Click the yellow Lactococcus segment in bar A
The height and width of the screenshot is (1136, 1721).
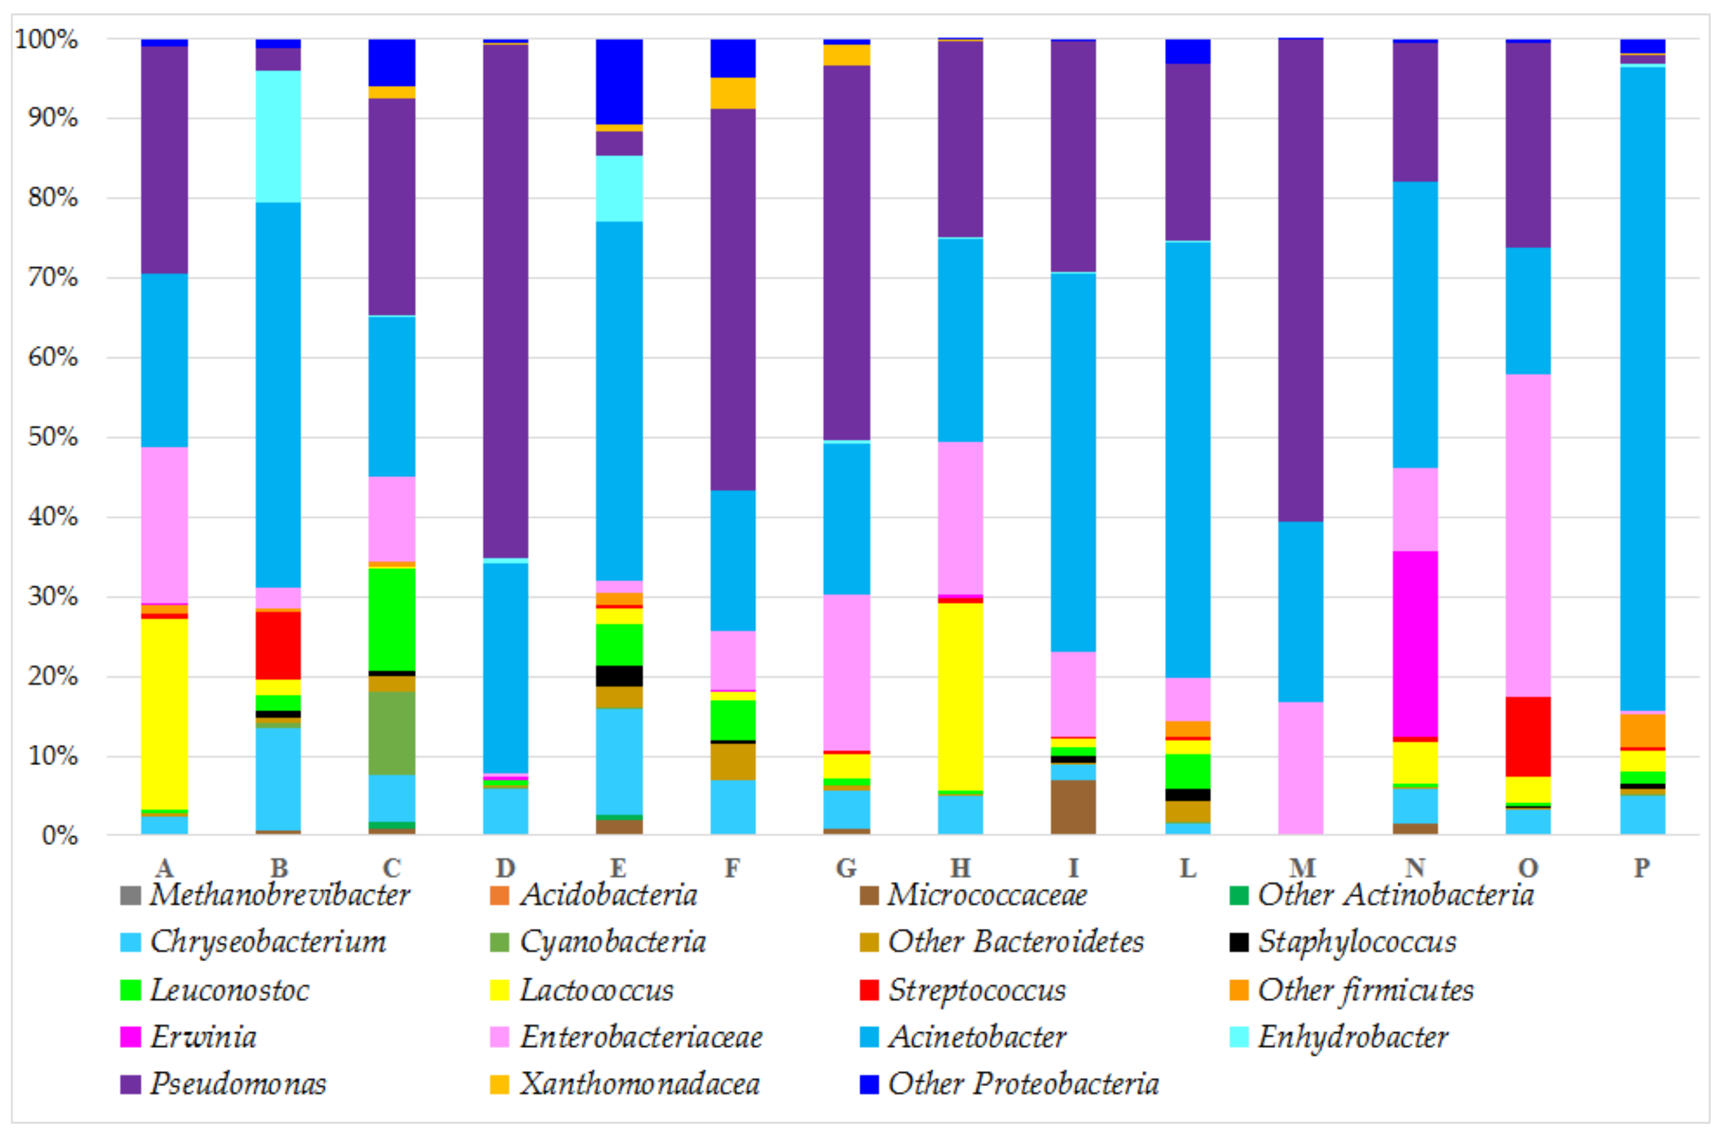[x=165, y=714]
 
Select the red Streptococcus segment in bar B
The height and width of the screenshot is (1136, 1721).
[x=279, y=645]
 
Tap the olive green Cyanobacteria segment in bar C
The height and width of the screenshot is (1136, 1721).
[x=392, y=733]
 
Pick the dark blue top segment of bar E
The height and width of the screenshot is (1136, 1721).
[x=619, y=81]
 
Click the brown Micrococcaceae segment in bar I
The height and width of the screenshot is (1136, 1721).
[x=1074, y=807]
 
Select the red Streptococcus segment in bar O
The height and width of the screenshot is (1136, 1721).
[x=1529, y=737]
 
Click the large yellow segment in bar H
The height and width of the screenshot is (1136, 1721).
[x=960, y=696]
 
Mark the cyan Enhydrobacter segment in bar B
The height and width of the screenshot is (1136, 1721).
[x=279, y=136]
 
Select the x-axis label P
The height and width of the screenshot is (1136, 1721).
[x=1642, y=867]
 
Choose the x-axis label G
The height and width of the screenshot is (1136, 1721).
[x=846, y=867]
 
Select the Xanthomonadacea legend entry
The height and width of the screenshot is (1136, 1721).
[x=639, y=1084]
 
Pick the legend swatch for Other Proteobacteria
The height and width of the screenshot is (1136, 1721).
[x=868, y=1084]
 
